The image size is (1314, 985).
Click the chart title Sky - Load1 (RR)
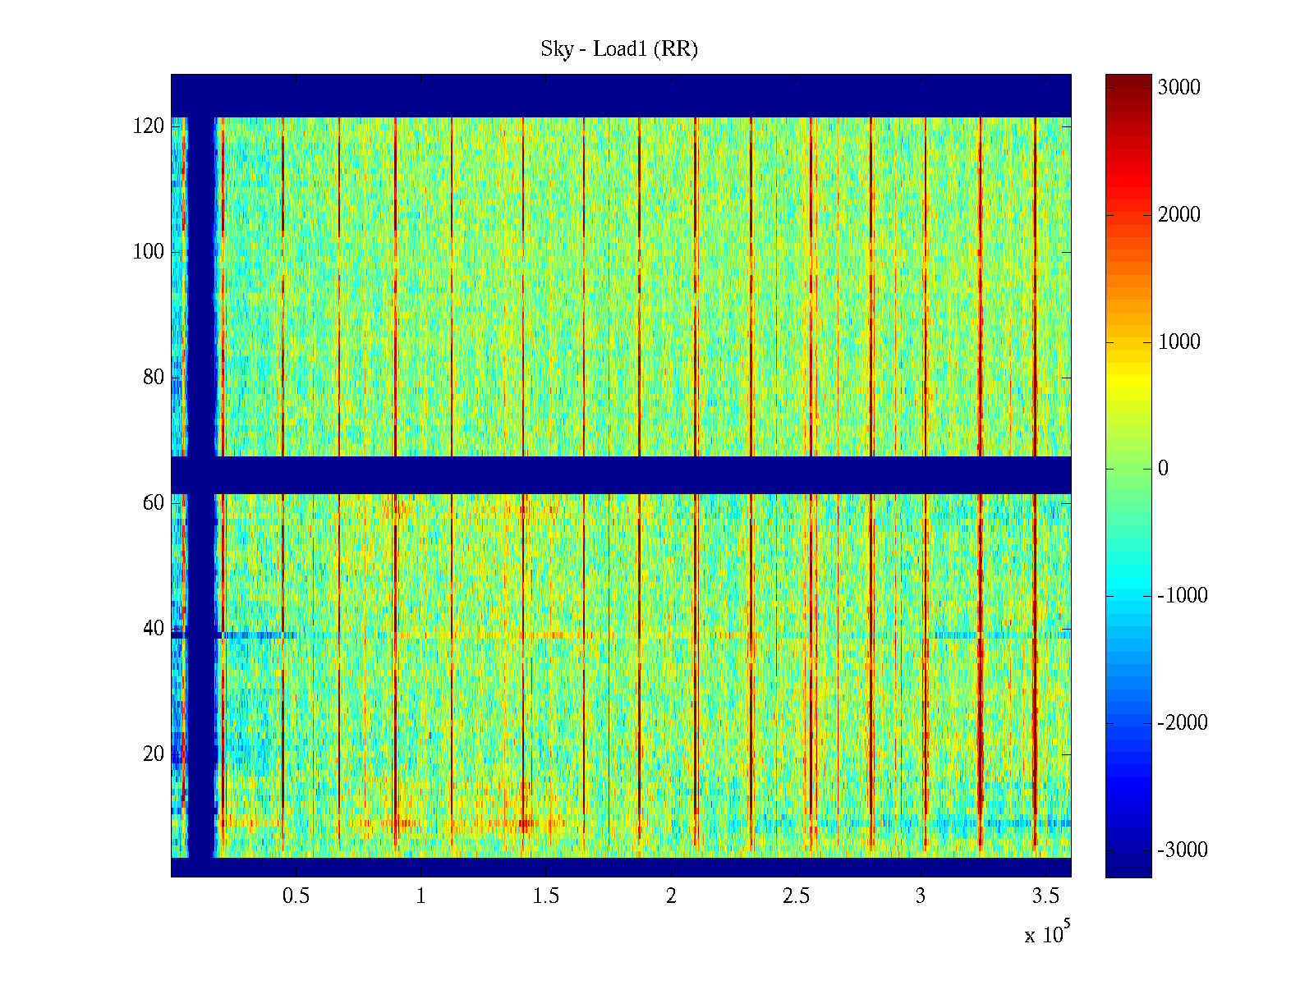click(x=619, y=49)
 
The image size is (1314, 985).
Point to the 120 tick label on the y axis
click(x=148, y=126)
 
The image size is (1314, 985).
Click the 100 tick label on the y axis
click(x=148, y=252)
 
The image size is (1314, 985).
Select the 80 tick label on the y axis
click(x=153, y=378)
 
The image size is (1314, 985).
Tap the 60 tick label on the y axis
click(x=153, y=503)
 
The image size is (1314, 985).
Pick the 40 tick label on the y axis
click(x=153, y=629)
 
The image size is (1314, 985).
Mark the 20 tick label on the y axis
click(x=153, y=754)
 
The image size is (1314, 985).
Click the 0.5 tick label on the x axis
click(x=296, y=896)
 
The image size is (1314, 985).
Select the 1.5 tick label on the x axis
click(x=545, y=896)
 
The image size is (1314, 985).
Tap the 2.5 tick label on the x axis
click(x=796, y=896)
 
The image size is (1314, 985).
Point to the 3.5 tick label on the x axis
click(x=1045, y=896)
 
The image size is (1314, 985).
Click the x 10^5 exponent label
click(x=1046, y=933)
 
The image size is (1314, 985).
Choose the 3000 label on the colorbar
click(x=1178, y=88)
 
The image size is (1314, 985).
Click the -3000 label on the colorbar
click(x=1182, y=850)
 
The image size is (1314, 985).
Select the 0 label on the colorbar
click(x=1163, y=469)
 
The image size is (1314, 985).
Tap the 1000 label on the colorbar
click(x=1178, y=342)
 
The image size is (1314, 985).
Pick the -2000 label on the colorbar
click(x=1182, y=723)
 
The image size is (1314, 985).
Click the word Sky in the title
click(x=556, y=49)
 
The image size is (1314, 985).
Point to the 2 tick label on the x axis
click(x=671, y=896)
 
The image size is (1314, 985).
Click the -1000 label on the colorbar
click(x=1182, y=596)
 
